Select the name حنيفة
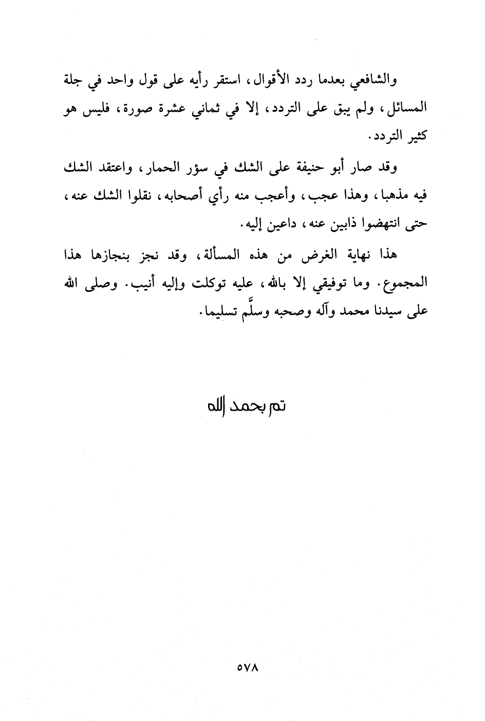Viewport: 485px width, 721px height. (305, 167)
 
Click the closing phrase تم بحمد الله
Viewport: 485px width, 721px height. (246, 406)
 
